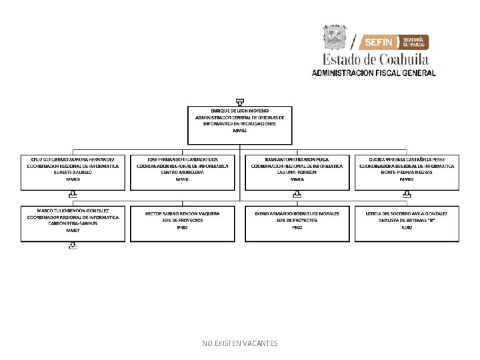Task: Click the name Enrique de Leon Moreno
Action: point(239,109)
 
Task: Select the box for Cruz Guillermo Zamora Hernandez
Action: point(73,172)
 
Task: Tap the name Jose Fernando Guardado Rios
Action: point(183,160)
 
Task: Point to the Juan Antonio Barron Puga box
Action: point(297,172)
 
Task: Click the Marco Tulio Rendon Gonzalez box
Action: point(73,223)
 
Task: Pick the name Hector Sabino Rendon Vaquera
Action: point(183,213)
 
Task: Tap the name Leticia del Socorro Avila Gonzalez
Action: point(407,213)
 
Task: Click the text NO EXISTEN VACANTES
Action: point(240,343)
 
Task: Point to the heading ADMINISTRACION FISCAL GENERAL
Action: point(374,73)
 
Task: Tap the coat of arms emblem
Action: point(335,37)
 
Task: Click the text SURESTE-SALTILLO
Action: point(73,173)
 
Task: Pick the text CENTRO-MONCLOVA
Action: point(183,173)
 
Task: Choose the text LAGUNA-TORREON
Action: point(297,173)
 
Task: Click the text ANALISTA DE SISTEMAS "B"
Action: point(407,220)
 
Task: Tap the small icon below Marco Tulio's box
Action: point(73,246)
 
